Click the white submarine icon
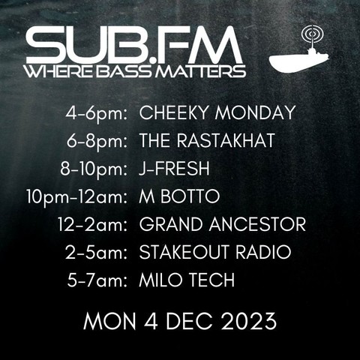tap(298, 60)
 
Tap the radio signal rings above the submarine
tap(312, 34)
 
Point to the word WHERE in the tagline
tap(60, 71)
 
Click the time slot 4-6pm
tap(97, 114)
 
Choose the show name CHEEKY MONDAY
tap(217, 112)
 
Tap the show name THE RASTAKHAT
tap(207, 140)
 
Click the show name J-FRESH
tap(174, 169)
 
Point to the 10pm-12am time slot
tap(77, 197)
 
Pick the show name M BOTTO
tap(179, 196)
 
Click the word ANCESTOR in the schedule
tap(257, 224)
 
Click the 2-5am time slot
tap(97, 253)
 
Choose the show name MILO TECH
tap(187, 280)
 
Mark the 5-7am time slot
tap(97, 280)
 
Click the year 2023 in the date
tap(249, 321)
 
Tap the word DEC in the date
tap(190, 321)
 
